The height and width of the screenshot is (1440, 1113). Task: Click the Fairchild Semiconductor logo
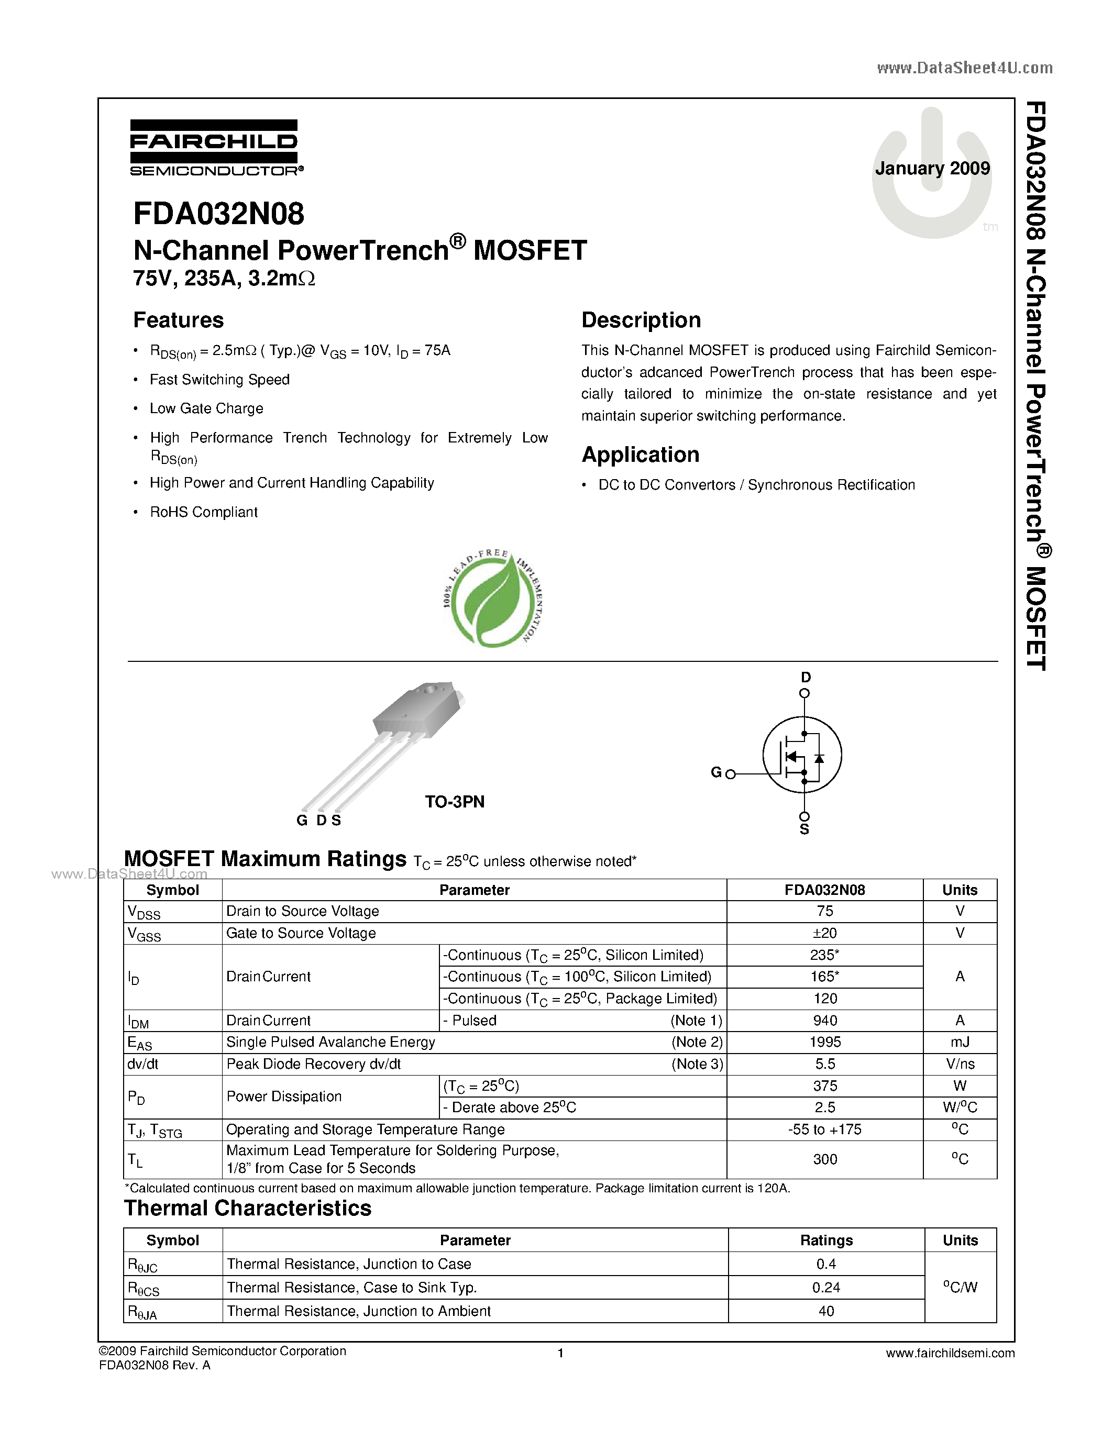click(x=215, y=148)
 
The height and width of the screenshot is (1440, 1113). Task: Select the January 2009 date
click(x=932, y=169)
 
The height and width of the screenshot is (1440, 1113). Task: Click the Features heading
click(x=179, y=320)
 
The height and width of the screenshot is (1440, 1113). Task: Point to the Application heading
click(x=640, y=455)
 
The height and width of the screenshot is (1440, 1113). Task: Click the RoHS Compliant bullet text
click(x=204, y=512)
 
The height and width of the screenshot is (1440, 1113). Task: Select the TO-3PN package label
click(x=454, y=802)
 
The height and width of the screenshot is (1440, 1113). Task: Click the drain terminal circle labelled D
click(x=805, y=693)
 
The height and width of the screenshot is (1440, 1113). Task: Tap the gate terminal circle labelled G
click(x=731, y=774)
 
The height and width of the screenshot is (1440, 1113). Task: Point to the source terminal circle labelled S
click(x=805, y=817)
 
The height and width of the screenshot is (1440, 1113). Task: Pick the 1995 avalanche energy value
click(x=825, y=1043)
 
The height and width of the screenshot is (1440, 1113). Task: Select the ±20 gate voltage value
click(x=825, y=934)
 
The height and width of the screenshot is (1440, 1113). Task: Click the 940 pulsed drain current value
click(x=825, y=1021)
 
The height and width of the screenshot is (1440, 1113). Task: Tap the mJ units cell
click(x=960, y=1043)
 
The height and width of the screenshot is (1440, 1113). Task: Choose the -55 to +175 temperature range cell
click(x=825, y=1130)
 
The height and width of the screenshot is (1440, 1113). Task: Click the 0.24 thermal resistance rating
click(x=826, y=1288)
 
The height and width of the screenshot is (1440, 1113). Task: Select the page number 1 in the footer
click(x=560, y=1354)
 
